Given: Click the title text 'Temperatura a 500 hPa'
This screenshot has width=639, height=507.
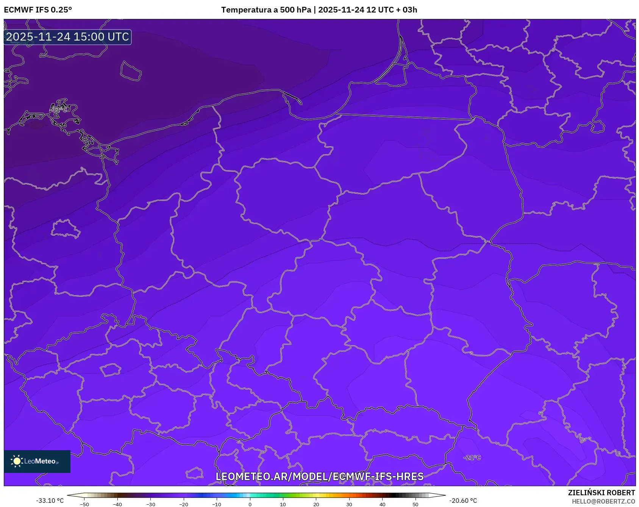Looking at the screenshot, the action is coord(266,10).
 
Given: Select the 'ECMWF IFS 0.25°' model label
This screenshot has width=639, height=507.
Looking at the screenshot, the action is coord(38,10).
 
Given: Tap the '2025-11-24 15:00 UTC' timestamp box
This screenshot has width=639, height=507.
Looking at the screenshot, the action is coord(67,37).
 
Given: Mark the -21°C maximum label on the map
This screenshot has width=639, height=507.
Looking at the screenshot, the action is coord(472,458).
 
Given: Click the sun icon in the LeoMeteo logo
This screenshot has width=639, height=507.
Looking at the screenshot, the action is coord(17,461).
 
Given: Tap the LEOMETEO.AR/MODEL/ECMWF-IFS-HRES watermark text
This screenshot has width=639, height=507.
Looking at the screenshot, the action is coord(319,476).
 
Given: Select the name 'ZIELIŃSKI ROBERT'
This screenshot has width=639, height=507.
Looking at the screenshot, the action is coord(601,493).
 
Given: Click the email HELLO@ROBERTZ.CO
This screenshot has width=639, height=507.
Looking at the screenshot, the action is coord(603,501).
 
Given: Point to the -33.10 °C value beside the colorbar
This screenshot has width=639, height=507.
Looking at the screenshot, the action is coord(50,501).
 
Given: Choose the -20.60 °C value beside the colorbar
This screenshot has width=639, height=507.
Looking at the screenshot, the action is coord(463,501).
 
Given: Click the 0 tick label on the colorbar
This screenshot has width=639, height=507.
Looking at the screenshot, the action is coord(250,504).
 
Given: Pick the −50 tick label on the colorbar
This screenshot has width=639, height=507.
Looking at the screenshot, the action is coord(84,504).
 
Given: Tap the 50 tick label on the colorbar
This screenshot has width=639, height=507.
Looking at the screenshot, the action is coord(416,504).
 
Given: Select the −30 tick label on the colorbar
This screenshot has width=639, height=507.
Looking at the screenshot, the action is coord(151,504).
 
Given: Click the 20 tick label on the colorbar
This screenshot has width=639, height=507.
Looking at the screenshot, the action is coord(316,504).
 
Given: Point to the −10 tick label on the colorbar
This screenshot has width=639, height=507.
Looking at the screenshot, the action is coord(217,504).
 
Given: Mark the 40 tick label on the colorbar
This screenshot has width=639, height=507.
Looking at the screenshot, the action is coord(383,504).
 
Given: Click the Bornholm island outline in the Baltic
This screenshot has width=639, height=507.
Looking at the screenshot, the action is coord(131,71).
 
